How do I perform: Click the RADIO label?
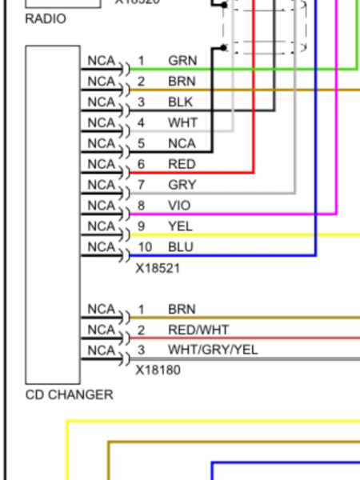click(x=46, y=19)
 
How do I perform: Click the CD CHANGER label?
click(x=69, y=394)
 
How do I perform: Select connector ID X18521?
click(x=158, y=268)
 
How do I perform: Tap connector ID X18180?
click(x=158, y=370)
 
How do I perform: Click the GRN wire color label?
click(x=181, y=61)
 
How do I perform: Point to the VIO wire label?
click(x=179, y=206)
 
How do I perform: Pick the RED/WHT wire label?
click(x=198, y=330)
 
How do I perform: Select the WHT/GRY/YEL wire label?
click(x=213, y=350)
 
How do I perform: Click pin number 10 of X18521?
click(x=145, y=247)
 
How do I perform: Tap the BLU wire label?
click(x=180, y=247)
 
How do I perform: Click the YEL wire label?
click(x=180, y=226)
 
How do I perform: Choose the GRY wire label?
click(x=181, y=185)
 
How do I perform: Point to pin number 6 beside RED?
click(x=142, y=164)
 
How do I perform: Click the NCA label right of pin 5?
click(x=182, y=143)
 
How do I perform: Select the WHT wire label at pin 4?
click(x=181, y=122)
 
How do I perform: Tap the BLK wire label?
click(x=180, y=102)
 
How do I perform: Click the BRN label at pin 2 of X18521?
click(x=181, y=81)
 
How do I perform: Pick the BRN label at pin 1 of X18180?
click(x=181, y=309)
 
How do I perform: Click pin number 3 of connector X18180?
click(x=142, y=350)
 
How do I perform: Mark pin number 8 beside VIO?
click(x=142, y=206)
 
